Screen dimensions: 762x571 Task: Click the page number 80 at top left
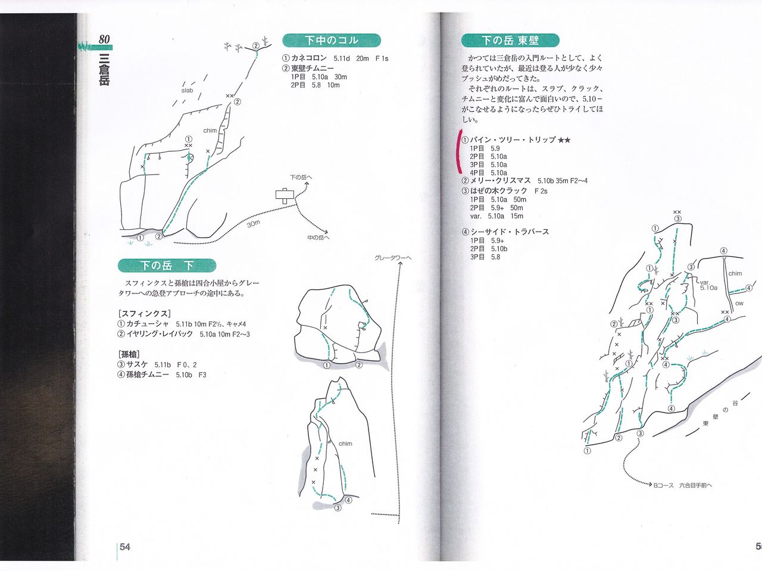104,39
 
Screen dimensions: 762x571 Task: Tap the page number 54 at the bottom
124,547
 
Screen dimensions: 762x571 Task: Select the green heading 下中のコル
332,40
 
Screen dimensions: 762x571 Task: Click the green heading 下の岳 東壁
510,40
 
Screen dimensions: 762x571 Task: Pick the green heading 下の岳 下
167,266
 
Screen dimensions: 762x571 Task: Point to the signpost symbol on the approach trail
285,195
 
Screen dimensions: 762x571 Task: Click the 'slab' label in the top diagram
187,91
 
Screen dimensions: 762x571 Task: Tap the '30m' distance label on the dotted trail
254,224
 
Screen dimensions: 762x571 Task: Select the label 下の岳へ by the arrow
301,177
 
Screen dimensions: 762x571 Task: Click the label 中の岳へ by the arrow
318,238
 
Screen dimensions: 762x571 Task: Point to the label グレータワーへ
393,258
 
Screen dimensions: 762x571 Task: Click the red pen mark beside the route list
458,151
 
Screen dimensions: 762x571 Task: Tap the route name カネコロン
309,58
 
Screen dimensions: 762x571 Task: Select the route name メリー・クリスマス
500,180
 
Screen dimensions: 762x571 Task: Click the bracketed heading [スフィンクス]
145,313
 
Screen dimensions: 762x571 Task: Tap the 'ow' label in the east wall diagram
739,304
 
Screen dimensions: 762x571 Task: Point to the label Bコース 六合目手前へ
682,485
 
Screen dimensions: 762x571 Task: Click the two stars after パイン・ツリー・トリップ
564,140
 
